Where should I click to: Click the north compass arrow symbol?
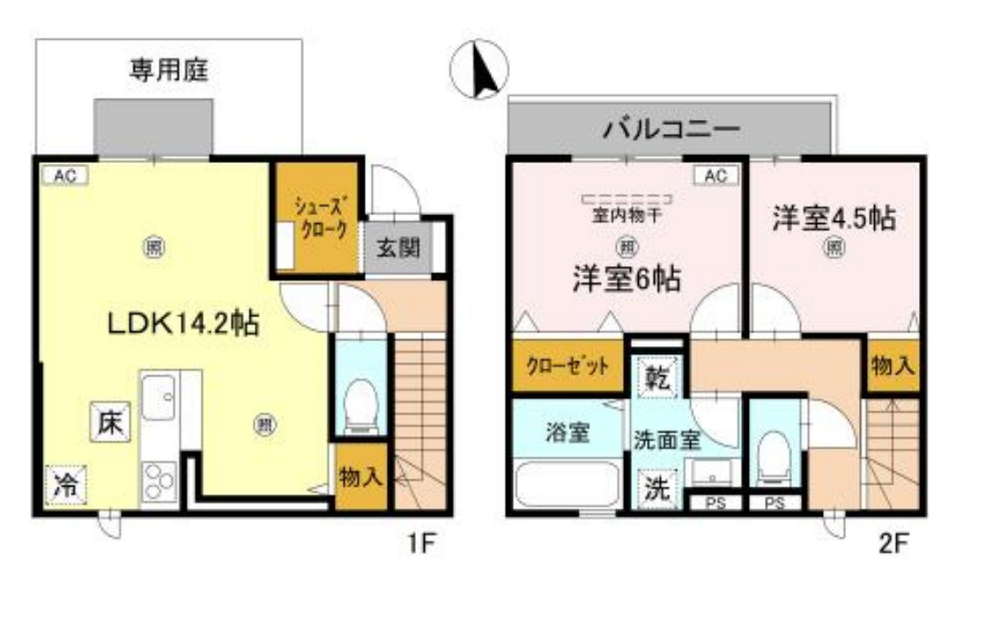pos(483,71)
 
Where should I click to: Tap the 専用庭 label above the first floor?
pos(169,71)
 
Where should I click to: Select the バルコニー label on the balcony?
pos(671,131)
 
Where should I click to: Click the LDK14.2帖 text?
pos(182,325)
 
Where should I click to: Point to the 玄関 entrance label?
pos(400,248)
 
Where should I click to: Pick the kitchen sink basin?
pos(159,399)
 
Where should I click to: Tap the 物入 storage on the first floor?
pos(360,478)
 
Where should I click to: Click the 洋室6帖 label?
pos(626,279)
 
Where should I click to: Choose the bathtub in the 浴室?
pos(565,483)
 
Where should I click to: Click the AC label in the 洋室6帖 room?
pos(715,176)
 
